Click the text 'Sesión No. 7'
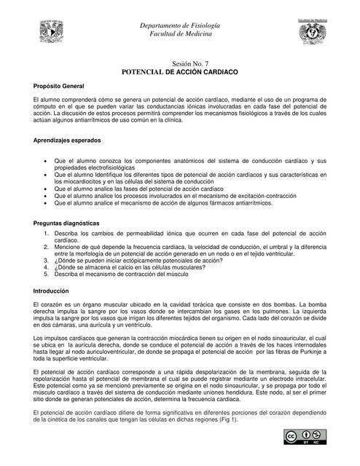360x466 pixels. tap(179, 66)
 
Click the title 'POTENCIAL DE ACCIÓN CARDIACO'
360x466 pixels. tap(179, 74)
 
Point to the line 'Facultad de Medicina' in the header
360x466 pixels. tap(179, 34)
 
